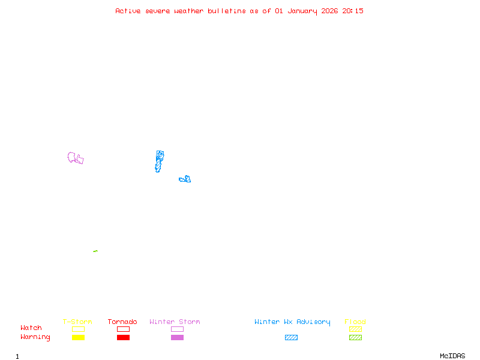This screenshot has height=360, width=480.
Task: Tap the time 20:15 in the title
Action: pos(353,11)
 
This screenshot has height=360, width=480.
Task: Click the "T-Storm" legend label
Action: pos(77,322)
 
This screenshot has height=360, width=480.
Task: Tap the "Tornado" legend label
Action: pos(122,322)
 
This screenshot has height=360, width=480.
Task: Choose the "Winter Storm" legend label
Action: pos(175,322)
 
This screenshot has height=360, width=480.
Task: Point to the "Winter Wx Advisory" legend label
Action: pos(292,322)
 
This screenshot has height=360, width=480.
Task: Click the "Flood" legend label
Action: pos(355,322)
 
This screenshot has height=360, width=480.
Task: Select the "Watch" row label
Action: pos(31,328)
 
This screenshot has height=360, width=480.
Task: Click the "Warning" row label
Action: pos(35,337)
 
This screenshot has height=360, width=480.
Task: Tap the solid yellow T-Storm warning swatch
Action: pos(78,338)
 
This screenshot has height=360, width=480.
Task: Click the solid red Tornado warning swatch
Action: pos(123,338)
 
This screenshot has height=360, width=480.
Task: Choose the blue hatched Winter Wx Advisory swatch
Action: pos(291,338)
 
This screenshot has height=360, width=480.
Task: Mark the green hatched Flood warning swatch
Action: pos(355,338)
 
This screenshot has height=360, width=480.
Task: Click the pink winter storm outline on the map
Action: pos(75,158)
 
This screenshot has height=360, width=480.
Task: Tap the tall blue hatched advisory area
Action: pos(159,161)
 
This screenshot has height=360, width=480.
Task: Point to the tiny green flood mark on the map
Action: pos(95,251)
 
